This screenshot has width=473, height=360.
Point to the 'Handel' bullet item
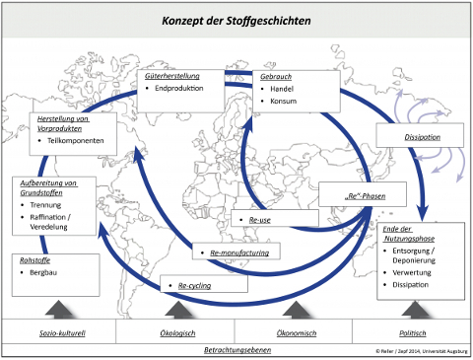283,88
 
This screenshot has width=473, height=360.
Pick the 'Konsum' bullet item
283,101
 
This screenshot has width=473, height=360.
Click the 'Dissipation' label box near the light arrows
422,136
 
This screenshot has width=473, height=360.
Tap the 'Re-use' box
258,219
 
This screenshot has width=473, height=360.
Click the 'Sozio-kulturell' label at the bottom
58,333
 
